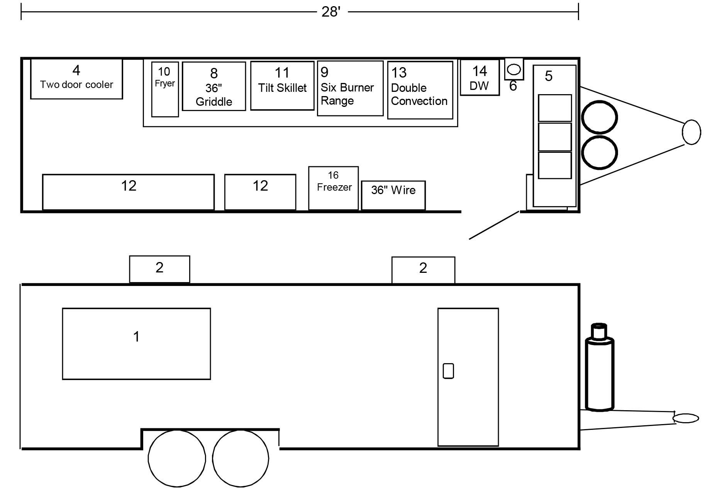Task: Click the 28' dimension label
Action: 330,12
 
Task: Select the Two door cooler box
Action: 76,79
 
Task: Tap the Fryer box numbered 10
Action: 165,89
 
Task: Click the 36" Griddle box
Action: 214,86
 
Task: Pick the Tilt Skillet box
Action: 282,86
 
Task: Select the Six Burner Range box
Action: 350,88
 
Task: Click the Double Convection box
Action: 420,90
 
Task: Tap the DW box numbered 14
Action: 479,78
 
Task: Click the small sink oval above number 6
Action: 514,69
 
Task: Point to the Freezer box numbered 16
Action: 334,188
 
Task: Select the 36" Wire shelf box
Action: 393,195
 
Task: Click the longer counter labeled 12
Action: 128,192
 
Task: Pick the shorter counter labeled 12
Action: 260,192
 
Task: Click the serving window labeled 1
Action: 136,343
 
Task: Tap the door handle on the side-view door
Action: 448,371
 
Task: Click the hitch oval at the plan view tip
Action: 691,132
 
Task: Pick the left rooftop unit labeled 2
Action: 159,269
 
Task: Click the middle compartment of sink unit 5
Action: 555,137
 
